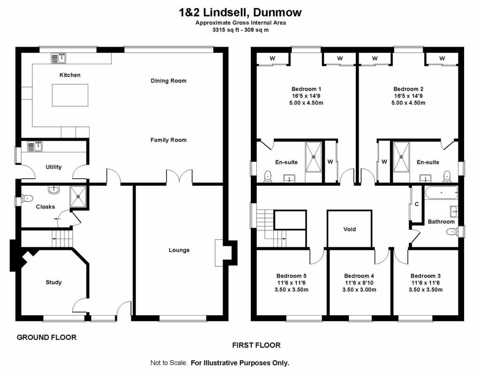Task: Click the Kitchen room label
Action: click(x=70, y=75)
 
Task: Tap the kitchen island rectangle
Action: click(x=70, y=95)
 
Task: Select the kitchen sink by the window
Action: click(x=59, y=58)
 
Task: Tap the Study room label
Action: click(x=53, y=282)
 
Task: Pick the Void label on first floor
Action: click(x=350, y=229)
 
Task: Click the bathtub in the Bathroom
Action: click(x=440, y=192)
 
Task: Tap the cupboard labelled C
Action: click(x=416, y=204)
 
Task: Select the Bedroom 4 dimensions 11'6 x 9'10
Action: click(x=359, y=283)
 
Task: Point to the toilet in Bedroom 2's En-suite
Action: click(x=446, y=176)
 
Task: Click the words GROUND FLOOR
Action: click(x=46, y=337)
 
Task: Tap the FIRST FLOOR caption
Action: click(x=256, y=345)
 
